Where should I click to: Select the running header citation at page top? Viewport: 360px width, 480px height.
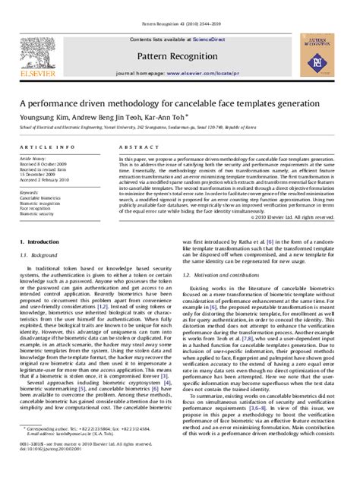pos(179,5)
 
